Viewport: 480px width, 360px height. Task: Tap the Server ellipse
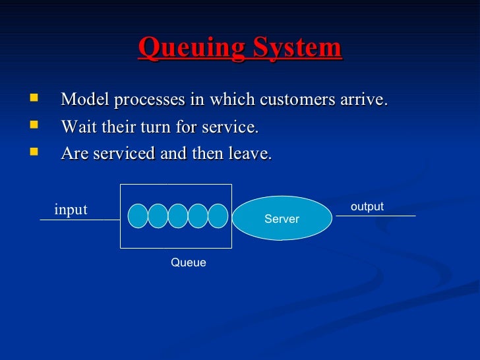click(282, 218)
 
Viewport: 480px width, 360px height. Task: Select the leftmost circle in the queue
click(138, 216)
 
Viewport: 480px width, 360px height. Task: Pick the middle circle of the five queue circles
click(178, 216)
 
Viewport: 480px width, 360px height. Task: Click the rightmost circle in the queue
click(218, 216)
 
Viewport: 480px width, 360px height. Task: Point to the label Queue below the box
click(189, 262)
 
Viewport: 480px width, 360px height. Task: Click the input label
click(71, 210)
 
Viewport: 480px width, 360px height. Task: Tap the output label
click(367, 206)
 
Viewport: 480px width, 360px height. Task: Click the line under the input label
click(79, 220)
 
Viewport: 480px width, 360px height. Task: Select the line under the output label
click(376, 216)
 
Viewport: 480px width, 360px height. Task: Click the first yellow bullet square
click(34, 99)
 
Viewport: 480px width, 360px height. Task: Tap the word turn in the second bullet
click(175, 127)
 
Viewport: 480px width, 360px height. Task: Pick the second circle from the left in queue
click(158, 216)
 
